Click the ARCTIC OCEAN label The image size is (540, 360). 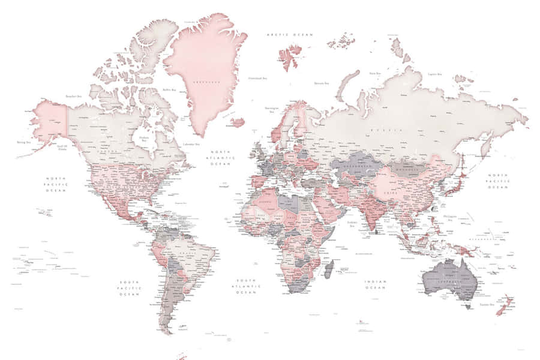tap(290, 35)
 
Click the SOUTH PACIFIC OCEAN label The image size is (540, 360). tap(129, 288)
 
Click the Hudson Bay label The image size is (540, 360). tap(144, 139)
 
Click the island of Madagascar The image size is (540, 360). tap(329, 268)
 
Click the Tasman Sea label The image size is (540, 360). tap(487, 305)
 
